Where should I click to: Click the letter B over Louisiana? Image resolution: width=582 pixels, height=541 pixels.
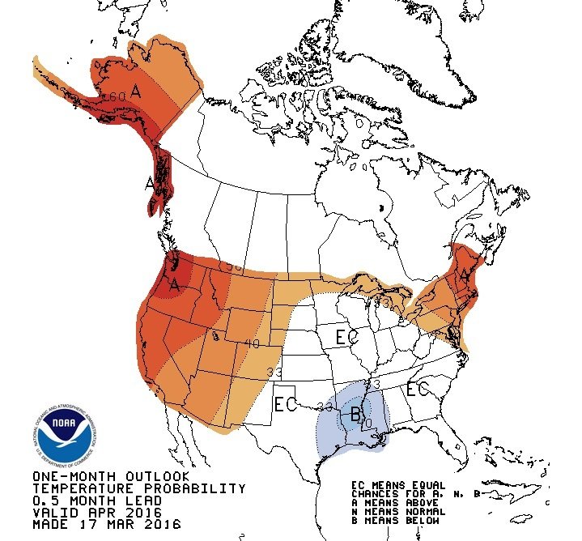click(x=355, y=415)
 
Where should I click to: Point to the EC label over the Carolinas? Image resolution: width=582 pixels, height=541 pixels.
click(x=417, y=390)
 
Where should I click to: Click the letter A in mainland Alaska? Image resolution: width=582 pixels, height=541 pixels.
click(x=136, y=93)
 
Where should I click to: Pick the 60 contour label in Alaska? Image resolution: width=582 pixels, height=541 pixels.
click(x=117, y=97)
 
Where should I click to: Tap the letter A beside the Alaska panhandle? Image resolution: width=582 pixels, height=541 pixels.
click(x=150, y=184)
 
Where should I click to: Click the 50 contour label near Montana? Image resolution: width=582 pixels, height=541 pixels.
click(x=234, y=266)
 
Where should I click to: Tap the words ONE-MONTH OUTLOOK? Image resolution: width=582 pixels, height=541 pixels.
click(x=111, y=476)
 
